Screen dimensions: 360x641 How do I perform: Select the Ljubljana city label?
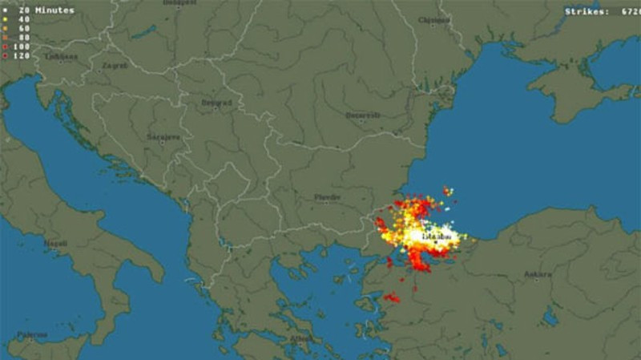click(x=38, y=56)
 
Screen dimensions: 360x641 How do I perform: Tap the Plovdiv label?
click(x=328, y=197)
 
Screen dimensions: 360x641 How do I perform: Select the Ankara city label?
click(x=537, y=274)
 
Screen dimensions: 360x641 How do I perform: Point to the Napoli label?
click(x=56, y=241)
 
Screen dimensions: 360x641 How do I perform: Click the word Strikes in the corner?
click(x=584, y=11)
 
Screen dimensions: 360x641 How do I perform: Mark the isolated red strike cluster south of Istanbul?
click(x=392, y=298)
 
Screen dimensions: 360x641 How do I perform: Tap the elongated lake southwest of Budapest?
click(x=146, y=31)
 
